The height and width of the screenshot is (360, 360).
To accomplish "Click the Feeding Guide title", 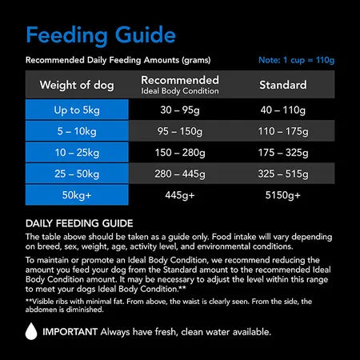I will point(101,35).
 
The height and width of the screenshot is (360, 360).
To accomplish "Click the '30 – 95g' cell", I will point(180,111).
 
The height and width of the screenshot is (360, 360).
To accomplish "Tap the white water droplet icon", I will point(31,330).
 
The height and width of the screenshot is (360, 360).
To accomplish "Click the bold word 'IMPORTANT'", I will point(70,331).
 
